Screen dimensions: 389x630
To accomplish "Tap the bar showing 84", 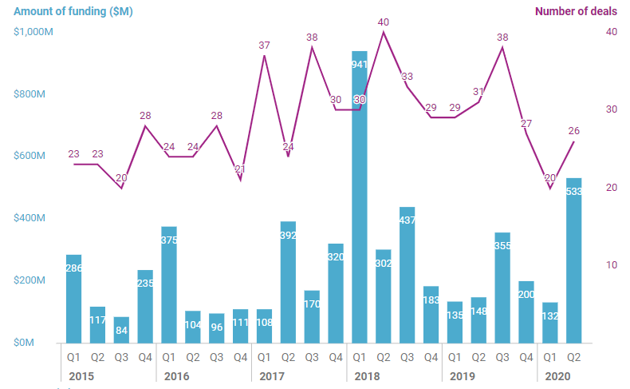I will [x=121, y=329].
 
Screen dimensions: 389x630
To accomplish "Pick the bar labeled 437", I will [x=408, y=275].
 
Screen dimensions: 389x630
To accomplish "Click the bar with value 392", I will [x=288, y=282].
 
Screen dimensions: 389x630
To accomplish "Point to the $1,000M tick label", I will [x=33, y=32].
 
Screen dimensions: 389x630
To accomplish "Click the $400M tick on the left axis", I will [x=33, y=218].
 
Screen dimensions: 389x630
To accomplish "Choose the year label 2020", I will [x=558, y=375].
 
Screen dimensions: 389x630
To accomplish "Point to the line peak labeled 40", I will [x=384, y=22].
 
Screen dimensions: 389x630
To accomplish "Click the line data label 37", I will [x=265, y=46].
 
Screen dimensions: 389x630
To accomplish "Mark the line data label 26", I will [x=573, y=130].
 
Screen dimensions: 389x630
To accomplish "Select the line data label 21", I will [x=240, y=169].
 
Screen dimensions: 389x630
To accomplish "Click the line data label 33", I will [x=407, y=77].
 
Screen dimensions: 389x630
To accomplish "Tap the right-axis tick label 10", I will [x=612, y=265].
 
